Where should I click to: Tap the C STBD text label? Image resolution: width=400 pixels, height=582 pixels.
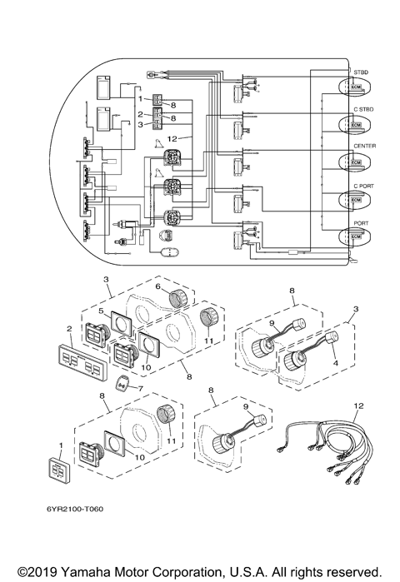coord(365,109)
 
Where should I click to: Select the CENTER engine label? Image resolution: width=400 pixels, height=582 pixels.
coord(365,146)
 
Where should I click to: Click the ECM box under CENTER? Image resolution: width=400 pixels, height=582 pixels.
coord(356,162)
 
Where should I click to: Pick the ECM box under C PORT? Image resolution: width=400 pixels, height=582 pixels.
coord(356,201)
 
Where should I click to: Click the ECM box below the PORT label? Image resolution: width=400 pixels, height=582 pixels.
coord(356,237)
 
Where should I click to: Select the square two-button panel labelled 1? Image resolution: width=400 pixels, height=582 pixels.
coord(61,472)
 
